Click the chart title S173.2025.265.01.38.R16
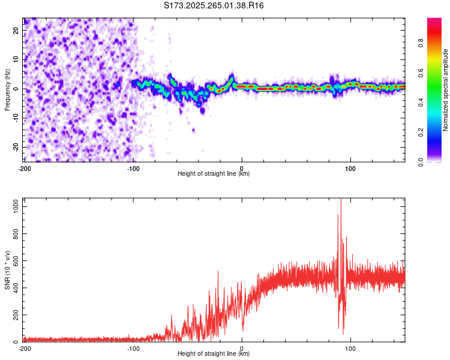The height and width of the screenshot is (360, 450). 214,5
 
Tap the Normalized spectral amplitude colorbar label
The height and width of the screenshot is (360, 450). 446,90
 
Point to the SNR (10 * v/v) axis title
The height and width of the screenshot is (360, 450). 7,269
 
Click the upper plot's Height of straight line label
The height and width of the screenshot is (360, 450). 214,174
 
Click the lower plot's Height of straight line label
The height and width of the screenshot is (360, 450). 214,354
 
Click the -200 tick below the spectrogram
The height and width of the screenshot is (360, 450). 25,169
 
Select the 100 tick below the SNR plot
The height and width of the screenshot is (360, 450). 350,348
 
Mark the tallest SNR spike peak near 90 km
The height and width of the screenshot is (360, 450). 341,200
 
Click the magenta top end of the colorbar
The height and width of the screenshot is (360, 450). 434,20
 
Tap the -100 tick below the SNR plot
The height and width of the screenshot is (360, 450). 133,348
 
